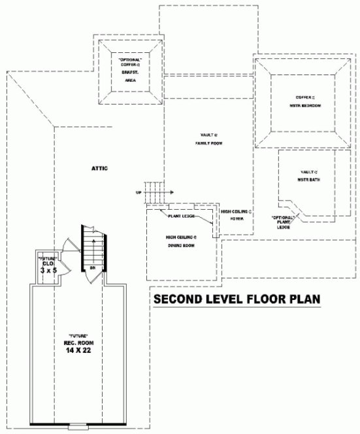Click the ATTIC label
pos(99,168)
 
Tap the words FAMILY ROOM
pos(205,142)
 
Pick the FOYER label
pos(236,220)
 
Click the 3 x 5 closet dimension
pos(46,269)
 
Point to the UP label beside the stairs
pos(138,193)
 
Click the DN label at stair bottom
pos(93,268)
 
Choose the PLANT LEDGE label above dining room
pos(181,216)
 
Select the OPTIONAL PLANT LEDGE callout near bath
pos(283,222)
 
